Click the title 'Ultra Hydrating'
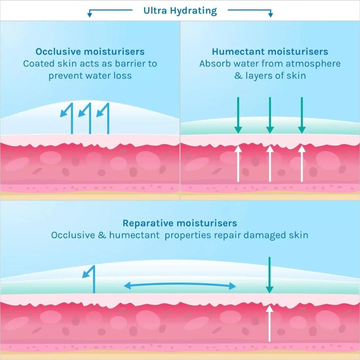(180, 10)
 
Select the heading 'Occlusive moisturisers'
(90, 51)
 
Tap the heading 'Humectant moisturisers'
(270, 51)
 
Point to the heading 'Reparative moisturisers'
(180, 223)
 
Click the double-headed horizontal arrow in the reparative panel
(180, 286)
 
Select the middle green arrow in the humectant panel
(270, 115)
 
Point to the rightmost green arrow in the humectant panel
(302, 115)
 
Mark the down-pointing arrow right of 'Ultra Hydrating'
(270, 14)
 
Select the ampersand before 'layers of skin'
(238, 76)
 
